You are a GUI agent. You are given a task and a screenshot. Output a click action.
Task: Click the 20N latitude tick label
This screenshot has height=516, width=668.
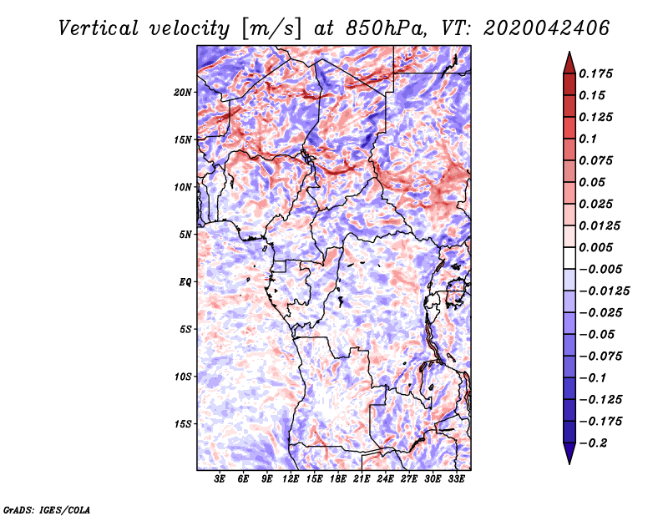click(x=183, y=92)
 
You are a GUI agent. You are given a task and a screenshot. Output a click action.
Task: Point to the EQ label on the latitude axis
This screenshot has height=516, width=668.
click(x=185, y=282)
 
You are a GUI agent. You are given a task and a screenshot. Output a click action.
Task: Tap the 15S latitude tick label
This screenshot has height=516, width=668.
click(x=183, y=424)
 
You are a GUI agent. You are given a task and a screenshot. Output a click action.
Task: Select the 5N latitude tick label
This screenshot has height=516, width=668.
click(x=185, y=235)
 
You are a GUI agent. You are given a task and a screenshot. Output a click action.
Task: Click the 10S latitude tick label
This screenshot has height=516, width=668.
click(x=183, y=377)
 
